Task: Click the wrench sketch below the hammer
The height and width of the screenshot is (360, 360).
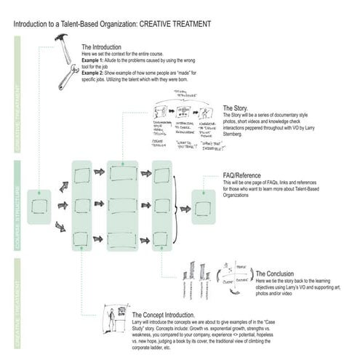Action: click(69, 78)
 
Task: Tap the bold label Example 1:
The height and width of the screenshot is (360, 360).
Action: click(95, 61)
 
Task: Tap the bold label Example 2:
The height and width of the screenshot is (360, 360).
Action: click(95, 73)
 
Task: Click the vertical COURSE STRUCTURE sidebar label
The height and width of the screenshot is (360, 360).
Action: click(17, 207)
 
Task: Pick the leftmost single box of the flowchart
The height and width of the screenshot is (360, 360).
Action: click(39, 207)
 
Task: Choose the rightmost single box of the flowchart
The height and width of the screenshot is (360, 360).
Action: click(204, 208)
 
